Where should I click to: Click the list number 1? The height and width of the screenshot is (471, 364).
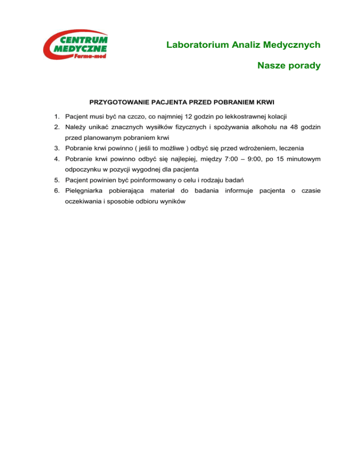[56, 116]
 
